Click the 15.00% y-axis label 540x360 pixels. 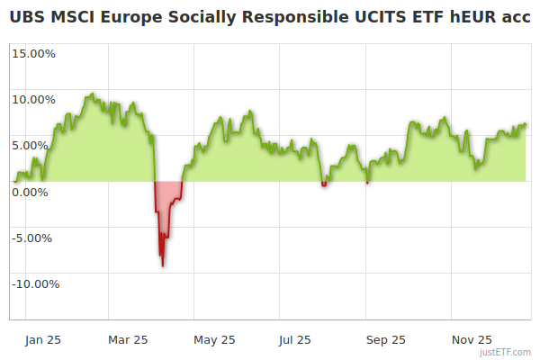[x=34, y=53]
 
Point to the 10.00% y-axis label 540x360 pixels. [x=34, y=99]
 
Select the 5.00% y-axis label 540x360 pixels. [x=37, y=145]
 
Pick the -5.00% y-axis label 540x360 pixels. [x=35, y=238]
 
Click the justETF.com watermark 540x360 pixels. [x=506, y=352]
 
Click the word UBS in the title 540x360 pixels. [x=28, y=18]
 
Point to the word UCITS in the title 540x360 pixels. [x=372, y=18]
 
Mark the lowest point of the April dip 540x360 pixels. [x=163, y=265]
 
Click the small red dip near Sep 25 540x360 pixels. [x=367, y=183]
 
